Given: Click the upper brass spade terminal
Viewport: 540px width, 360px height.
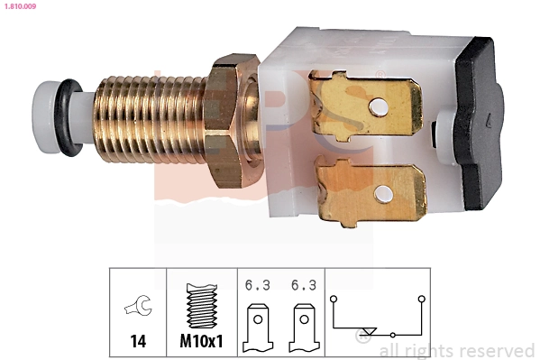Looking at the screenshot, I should click(365, 107).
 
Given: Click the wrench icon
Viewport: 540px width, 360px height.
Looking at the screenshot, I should click(137, 309).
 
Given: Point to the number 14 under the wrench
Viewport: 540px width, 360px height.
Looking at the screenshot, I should click(137, 343).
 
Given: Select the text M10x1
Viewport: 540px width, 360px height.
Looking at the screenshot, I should click(200, 343).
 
